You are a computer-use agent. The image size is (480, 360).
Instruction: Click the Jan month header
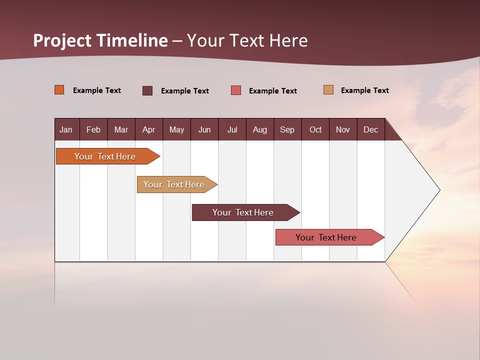(66, 129)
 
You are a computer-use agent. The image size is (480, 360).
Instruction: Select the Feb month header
(93, 129)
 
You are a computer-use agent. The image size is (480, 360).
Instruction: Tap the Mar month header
(121, 129)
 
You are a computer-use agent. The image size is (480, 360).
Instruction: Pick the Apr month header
(149, 129)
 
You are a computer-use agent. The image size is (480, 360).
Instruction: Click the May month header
(176, 129)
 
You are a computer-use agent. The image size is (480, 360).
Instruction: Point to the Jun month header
(204, 129)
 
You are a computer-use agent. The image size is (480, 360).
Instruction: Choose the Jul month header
(232, 129)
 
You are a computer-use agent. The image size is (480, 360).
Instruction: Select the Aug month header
(260, 129)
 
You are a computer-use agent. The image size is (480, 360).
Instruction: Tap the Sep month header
(287, 129)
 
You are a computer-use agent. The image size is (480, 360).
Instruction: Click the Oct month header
(315, 129)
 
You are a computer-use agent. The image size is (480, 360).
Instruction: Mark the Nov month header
(343, 129)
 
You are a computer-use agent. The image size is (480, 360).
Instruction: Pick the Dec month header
(371, 129)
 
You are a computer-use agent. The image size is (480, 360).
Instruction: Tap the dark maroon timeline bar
(243, 212)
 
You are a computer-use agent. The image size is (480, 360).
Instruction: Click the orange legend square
(59, 90)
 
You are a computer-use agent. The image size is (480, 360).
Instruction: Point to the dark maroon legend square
(147, 90)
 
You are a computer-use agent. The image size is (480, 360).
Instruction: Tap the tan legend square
(328, 90)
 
